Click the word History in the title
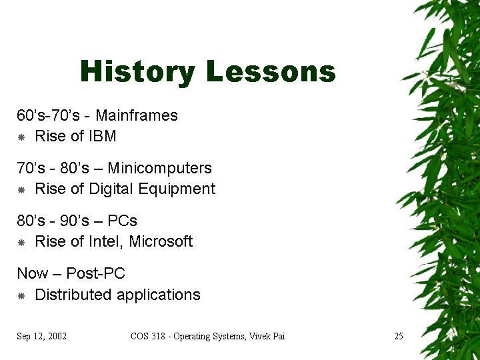137,71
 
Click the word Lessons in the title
271,71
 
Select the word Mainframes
137,115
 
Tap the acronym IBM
103,136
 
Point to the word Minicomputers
159,168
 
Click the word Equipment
177,189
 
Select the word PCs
122,221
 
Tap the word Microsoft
161,241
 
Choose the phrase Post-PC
95,273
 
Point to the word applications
159,295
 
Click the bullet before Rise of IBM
21,137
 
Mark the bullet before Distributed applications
21,296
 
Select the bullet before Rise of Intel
21,243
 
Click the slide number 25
399,336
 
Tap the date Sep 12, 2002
41,337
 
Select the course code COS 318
148,336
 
